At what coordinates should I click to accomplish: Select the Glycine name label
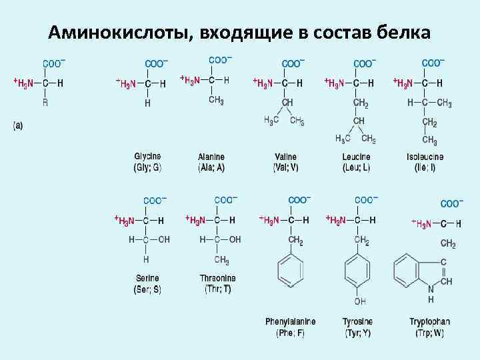tap(147, 157)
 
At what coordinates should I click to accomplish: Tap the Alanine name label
tap(211, 157)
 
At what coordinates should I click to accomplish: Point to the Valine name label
tap(285, 157)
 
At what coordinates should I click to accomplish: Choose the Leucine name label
tap(356, 157)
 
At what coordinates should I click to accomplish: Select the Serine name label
tap(147, 278)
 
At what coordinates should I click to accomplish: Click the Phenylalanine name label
tap(290, 321)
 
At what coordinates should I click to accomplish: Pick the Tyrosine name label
tap(357, 321)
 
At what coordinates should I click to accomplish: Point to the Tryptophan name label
tap(427, 321)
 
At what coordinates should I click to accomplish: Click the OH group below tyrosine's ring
tap(359, 301)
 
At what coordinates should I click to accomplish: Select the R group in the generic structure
tap(45, 103)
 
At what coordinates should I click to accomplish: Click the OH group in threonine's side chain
tap(235, 239)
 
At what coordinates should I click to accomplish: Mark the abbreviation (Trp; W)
tap(427, 333)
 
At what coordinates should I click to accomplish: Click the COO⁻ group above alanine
tap(221, 59)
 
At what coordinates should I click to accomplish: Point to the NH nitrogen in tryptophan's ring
tap(431, 290)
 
